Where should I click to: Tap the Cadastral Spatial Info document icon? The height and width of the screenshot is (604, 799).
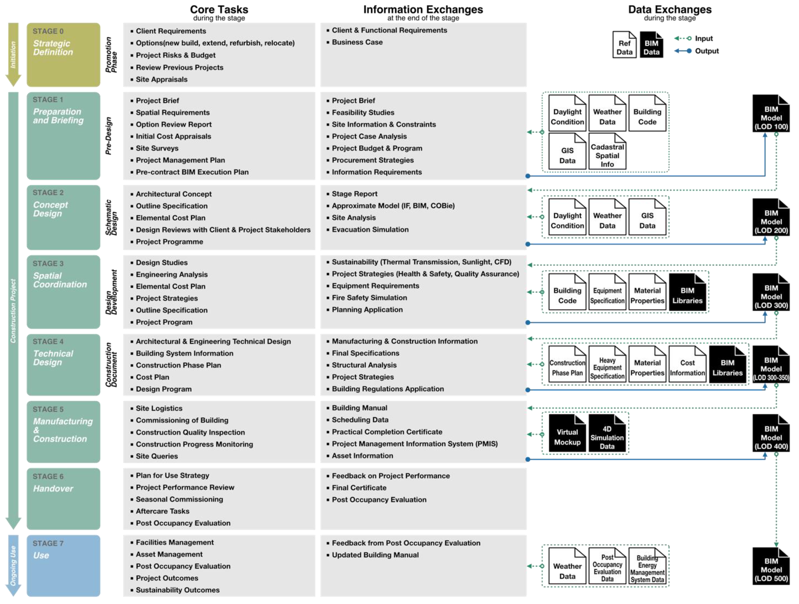pyautogui.click(x=607, y=152)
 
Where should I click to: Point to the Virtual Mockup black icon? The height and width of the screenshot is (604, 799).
pyautogui.click(x=567, y=433)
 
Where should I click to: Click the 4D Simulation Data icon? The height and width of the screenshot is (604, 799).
pyautogui.click(x=607, y=433)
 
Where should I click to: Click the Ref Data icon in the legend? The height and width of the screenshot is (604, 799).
pyautogui.click(x=624, y=45)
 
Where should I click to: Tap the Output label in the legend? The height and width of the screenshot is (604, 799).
pyautogui.click(x=707, y=51)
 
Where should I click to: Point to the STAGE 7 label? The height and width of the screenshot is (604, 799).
pyautogui.click(x=48, y=543)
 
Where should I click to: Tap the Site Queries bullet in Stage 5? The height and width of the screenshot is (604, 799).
pyautogui.click(x=157, y=456)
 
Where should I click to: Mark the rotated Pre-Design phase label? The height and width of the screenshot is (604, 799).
pyautogui.click(x=108, y=136)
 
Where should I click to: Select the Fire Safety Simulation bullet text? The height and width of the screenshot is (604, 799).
pyautogui.click(x=369, y=298)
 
